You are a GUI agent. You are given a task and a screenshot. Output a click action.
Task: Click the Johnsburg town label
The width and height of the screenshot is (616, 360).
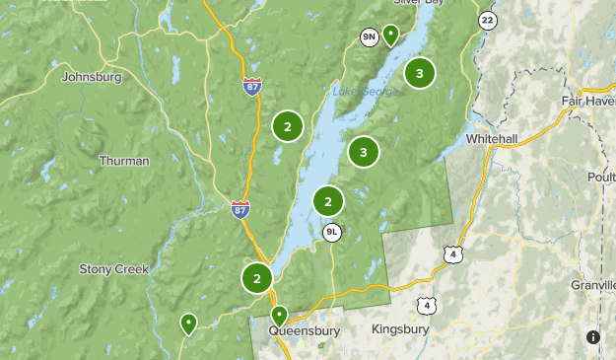[x=91, y=76]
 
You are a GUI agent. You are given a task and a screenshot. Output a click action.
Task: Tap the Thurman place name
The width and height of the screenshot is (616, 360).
[x=124, y=161]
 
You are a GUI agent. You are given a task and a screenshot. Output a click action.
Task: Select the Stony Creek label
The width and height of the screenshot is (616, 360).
[x=113, y=268]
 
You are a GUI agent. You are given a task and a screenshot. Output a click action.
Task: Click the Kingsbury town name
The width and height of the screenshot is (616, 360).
[x=399, y=328]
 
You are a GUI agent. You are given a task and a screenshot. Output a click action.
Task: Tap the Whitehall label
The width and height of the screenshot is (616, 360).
[x=491, y=140]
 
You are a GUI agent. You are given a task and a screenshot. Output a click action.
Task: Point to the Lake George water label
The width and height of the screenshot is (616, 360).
[x=364, y=93]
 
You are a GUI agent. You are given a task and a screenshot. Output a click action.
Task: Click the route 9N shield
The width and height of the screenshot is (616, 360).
[x=370, y=37]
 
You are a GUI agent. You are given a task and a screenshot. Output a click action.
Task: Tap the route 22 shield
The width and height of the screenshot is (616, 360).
[x=487, y=20]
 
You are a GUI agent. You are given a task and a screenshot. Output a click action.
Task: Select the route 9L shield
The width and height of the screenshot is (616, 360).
[x=333, y=233]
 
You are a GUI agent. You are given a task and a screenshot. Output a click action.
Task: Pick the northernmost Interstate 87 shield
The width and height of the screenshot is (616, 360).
[x=252, y=87]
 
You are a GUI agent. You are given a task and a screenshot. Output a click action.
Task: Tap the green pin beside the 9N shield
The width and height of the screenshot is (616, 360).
[x=390, y=36]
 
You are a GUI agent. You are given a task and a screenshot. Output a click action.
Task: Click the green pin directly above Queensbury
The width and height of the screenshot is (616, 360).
[x=279, y=316]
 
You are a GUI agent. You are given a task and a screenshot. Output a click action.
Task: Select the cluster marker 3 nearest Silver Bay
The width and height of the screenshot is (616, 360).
[x=420, y=73]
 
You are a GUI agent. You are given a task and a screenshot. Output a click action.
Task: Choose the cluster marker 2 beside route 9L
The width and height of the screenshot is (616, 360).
[x=327, y=201]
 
